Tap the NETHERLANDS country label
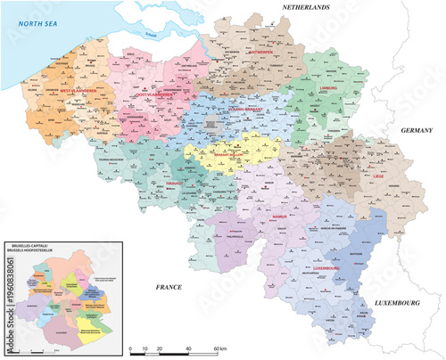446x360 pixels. point(307,8)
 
